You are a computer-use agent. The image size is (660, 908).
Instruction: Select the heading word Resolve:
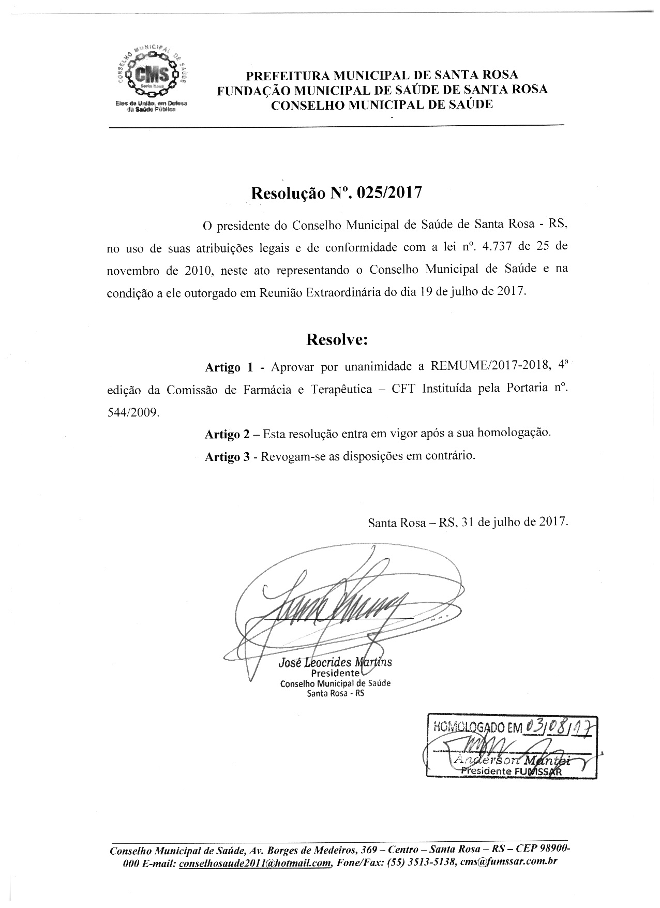click(x=337, y=339)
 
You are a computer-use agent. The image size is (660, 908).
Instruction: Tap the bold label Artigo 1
click(x=229, y=367)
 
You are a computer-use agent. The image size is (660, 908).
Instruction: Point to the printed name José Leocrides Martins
click(x=335, y=662)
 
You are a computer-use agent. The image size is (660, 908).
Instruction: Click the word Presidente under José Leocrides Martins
click(x=335, y=673)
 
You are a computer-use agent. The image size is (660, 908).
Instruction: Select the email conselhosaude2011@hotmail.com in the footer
click(x=254, y=862)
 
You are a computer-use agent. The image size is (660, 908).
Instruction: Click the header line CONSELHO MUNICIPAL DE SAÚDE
click(x=382, y=105)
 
